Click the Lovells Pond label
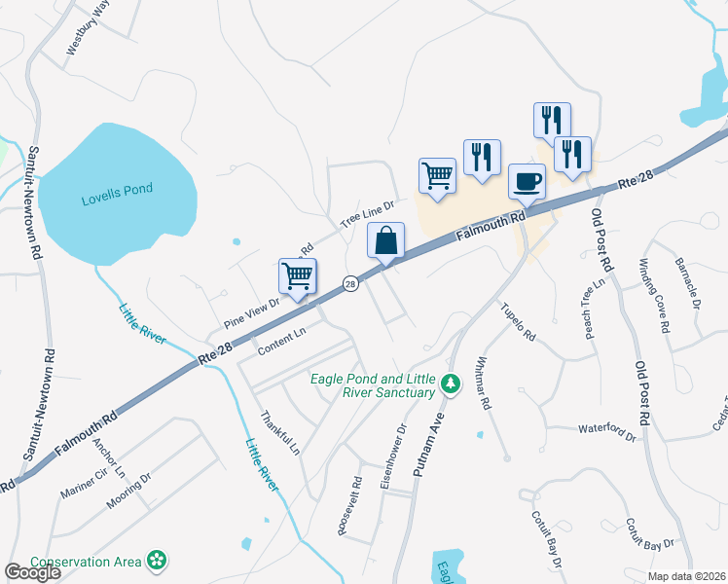(117, 189)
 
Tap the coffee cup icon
(528, 181)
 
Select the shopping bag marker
(386, 240)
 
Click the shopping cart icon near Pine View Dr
(298, 275)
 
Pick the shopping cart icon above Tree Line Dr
(438, 176)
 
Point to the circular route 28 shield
(350, 283)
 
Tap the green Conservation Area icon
(156, 561)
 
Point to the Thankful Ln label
(279, 432)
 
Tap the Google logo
(32, 572)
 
